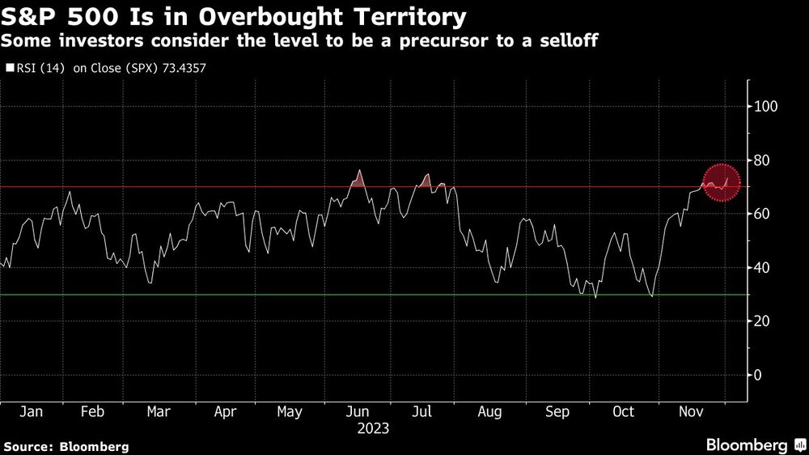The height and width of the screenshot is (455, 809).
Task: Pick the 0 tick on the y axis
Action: [x=758, y=375]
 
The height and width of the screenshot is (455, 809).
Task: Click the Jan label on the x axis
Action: [x=31, y=411]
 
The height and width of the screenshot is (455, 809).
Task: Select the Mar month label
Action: [x=159, y=411]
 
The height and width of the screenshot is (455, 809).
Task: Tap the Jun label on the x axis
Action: [x=357, y=411]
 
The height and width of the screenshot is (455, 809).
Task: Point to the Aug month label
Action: [x=489, y=411]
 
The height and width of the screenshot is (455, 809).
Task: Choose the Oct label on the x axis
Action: [x=623, y=411]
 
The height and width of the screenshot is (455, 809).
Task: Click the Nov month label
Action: [x=690, y=411]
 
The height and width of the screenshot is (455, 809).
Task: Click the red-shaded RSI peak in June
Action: [x=358, y=178]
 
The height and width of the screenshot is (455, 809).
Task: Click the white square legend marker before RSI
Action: [x=10, y=69]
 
